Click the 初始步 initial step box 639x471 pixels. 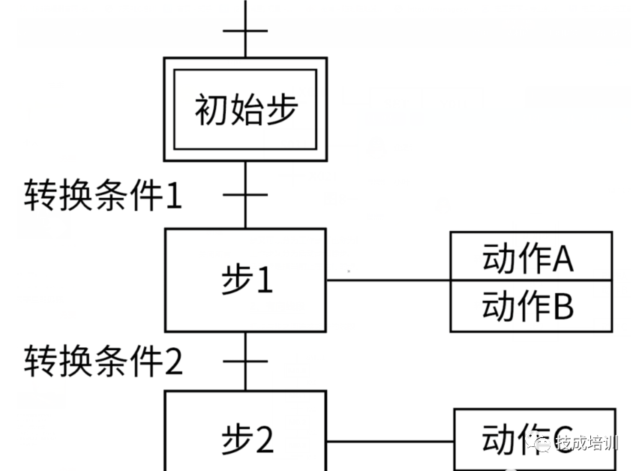point(245,109)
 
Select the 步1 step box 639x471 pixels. point(245,280)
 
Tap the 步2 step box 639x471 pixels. point(245,435)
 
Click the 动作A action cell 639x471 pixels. point(530,257)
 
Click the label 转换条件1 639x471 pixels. point(103,197)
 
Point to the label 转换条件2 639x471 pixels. point(103,362)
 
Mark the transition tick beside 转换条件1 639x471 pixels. point(245,196)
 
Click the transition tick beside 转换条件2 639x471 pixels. point(245,361)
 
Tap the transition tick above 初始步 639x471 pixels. point(245,31)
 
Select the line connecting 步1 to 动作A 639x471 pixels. point(388,281)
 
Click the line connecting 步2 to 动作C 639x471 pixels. point(390,441)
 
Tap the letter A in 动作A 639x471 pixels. point(562,259)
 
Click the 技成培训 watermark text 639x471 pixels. point(585,442)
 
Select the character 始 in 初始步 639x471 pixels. point(246,109)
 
